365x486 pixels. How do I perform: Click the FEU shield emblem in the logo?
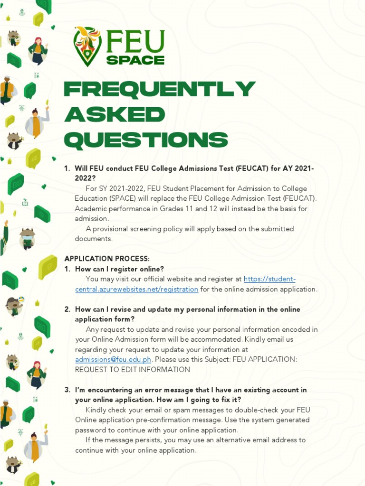click(87, 46)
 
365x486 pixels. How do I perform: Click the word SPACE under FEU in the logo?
click(135, 60)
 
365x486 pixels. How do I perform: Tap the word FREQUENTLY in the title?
click(159, 90)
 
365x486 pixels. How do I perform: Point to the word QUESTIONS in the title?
click(146, 140)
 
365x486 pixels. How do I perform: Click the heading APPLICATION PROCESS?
click(107, 259)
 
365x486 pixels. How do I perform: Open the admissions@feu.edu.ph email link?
click(113, 360)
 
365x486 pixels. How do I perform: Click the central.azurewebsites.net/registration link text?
click(136, 289)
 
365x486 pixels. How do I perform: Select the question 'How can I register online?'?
click(119, 269)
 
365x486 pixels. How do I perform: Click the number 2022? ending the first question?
click(85, 178)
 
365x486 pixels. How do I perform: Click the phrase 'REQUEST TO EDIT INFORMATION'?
click(133, 370)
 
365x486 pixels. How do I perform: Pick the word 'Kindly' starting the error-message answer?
click(97, 410)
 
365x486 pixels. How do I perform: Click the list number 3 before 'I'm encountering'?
click(67, 390)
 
